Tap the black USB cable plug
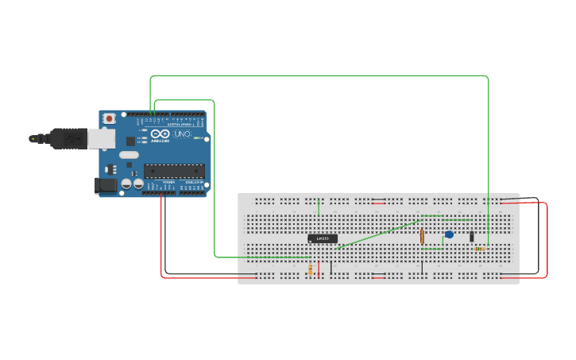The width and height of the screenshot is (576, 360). pyautogui.click(x=68, y=138)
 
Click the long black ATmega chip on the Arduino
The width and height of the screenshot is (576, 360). pyautogui.click(x=174, y=170)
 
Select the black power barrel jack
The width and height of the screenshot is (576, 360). pyautogui.click(x=105, y=185)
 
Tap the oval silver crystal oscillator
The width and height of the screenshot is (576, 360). pyautogui.click(x=130, y=155)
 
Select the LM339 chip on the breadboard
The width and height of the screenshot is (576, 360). pyautogui.click(x=323, y=238)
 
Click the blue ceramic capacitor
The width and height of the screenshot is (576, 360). pyautogui.click(x=449, y=234)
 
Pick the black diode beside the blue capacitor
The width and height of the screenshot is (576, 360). pyautogui.click(x=471, y=236)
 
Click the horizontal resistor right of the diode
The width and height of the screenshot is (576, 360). pyautogui.click(x=481, y=249)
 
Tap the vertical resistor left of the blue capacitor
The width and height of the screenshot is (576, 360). pyautogui.click(x=422, y=236)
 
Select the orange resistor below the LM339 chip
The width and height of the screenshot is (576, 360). pyautogui.click(x=310, y=270)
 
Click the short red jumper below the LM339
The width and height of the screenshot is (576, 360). pyautogui.click(x=319, y=268)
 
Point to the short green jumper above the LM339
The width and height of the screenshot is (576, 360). pyautogui.click(x=319, y=207)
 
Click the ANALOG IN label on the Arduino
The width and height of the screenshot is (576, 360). pyautogui.click(x=193, y=183)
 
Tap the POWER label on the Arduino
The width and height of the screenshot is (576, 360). pyautogui.click(x=168, y=183)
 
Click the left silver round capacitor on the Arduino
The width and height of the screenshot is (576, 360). pyautogui.click(x=126, y=184)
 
